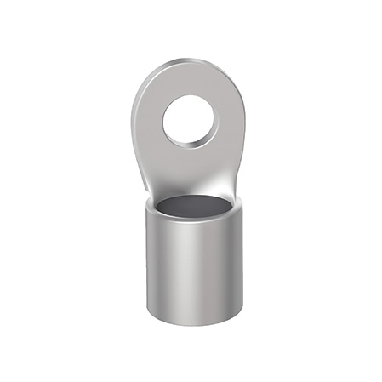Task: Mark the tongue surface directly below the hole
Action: (191, 166)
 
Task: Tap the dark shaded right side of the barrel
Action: (234, 264)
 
